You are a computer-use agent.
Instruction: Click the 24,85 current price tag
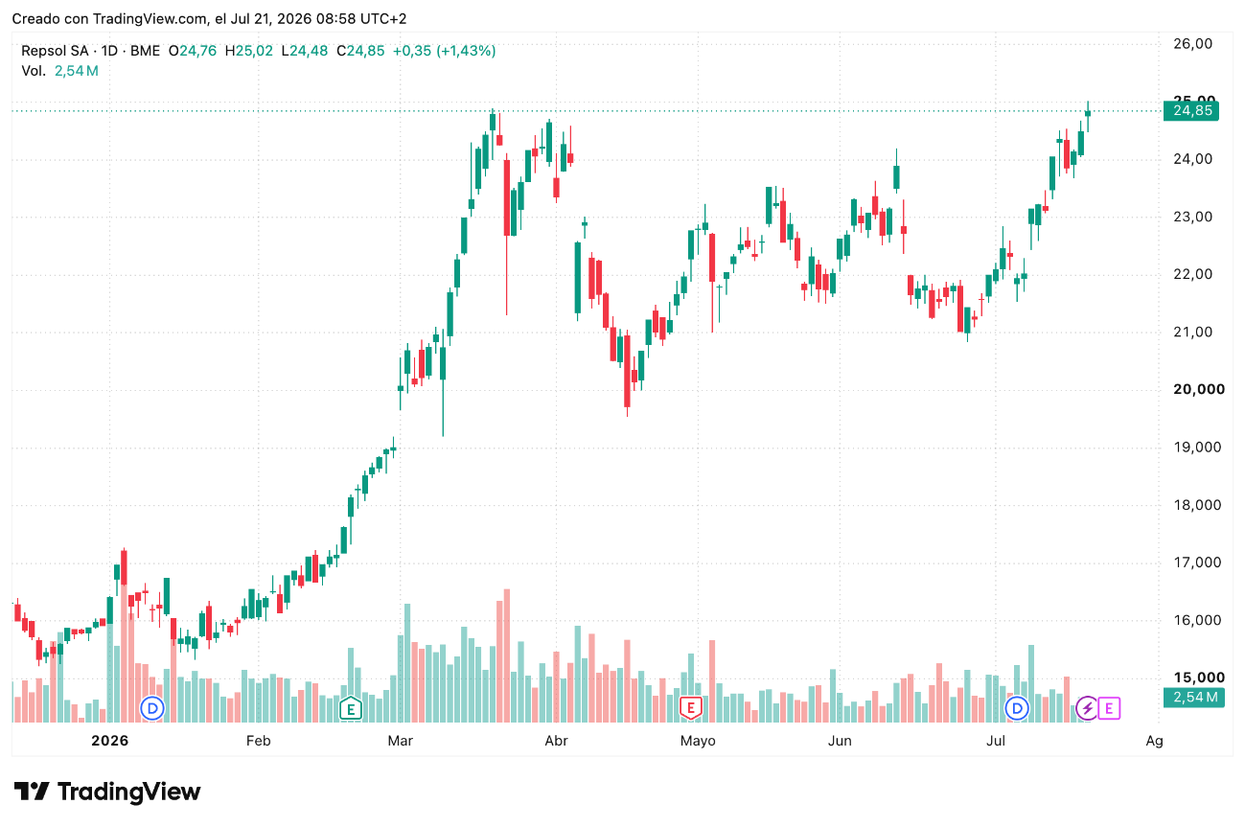coord(1191,110)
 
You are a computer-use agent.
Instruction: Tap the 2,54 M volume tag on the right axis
coord(1194,697)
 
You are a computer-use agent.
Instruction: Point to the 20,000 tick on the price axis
coord(1198,390)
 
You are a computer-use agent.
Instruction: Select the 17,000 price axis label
coord(1197,563)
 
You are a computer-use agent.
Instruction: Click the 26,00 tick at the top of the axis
coord(1192,44)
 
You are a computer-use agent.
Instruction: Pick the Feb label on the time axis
coord(259,741)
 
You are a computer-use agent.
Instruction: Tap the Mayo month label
coord(698,742)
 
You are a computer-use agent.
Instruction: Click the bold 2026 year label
coord(109,741)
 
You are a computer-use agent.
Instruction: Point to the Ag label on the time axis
coord(1154,742)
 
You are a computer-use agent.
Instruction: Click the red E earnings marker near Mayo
coord(691,708)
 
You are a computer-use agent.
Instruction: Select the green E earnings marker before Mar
coord(351,708)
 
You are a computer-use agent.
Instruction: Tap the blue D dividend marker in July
coord(1017,708)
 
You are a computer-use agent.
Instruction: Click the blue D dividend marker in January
coord(152,708)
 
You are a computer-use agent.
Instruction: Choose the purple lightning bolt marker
coord(1087,708)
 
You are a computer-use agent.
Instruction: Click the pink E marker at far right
coord(1109,708)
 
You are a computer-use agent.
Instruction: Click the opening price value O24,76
coord(193,51)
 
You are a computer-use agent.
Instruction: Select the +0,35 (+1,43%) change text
coord(444,51)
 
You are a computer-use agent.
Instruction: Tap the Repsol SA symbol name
coord(55,51)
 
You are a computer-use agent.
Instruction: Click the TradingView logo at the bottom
coord(107,792)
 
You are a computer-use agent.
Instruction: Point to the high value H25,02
coord(249,51)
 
